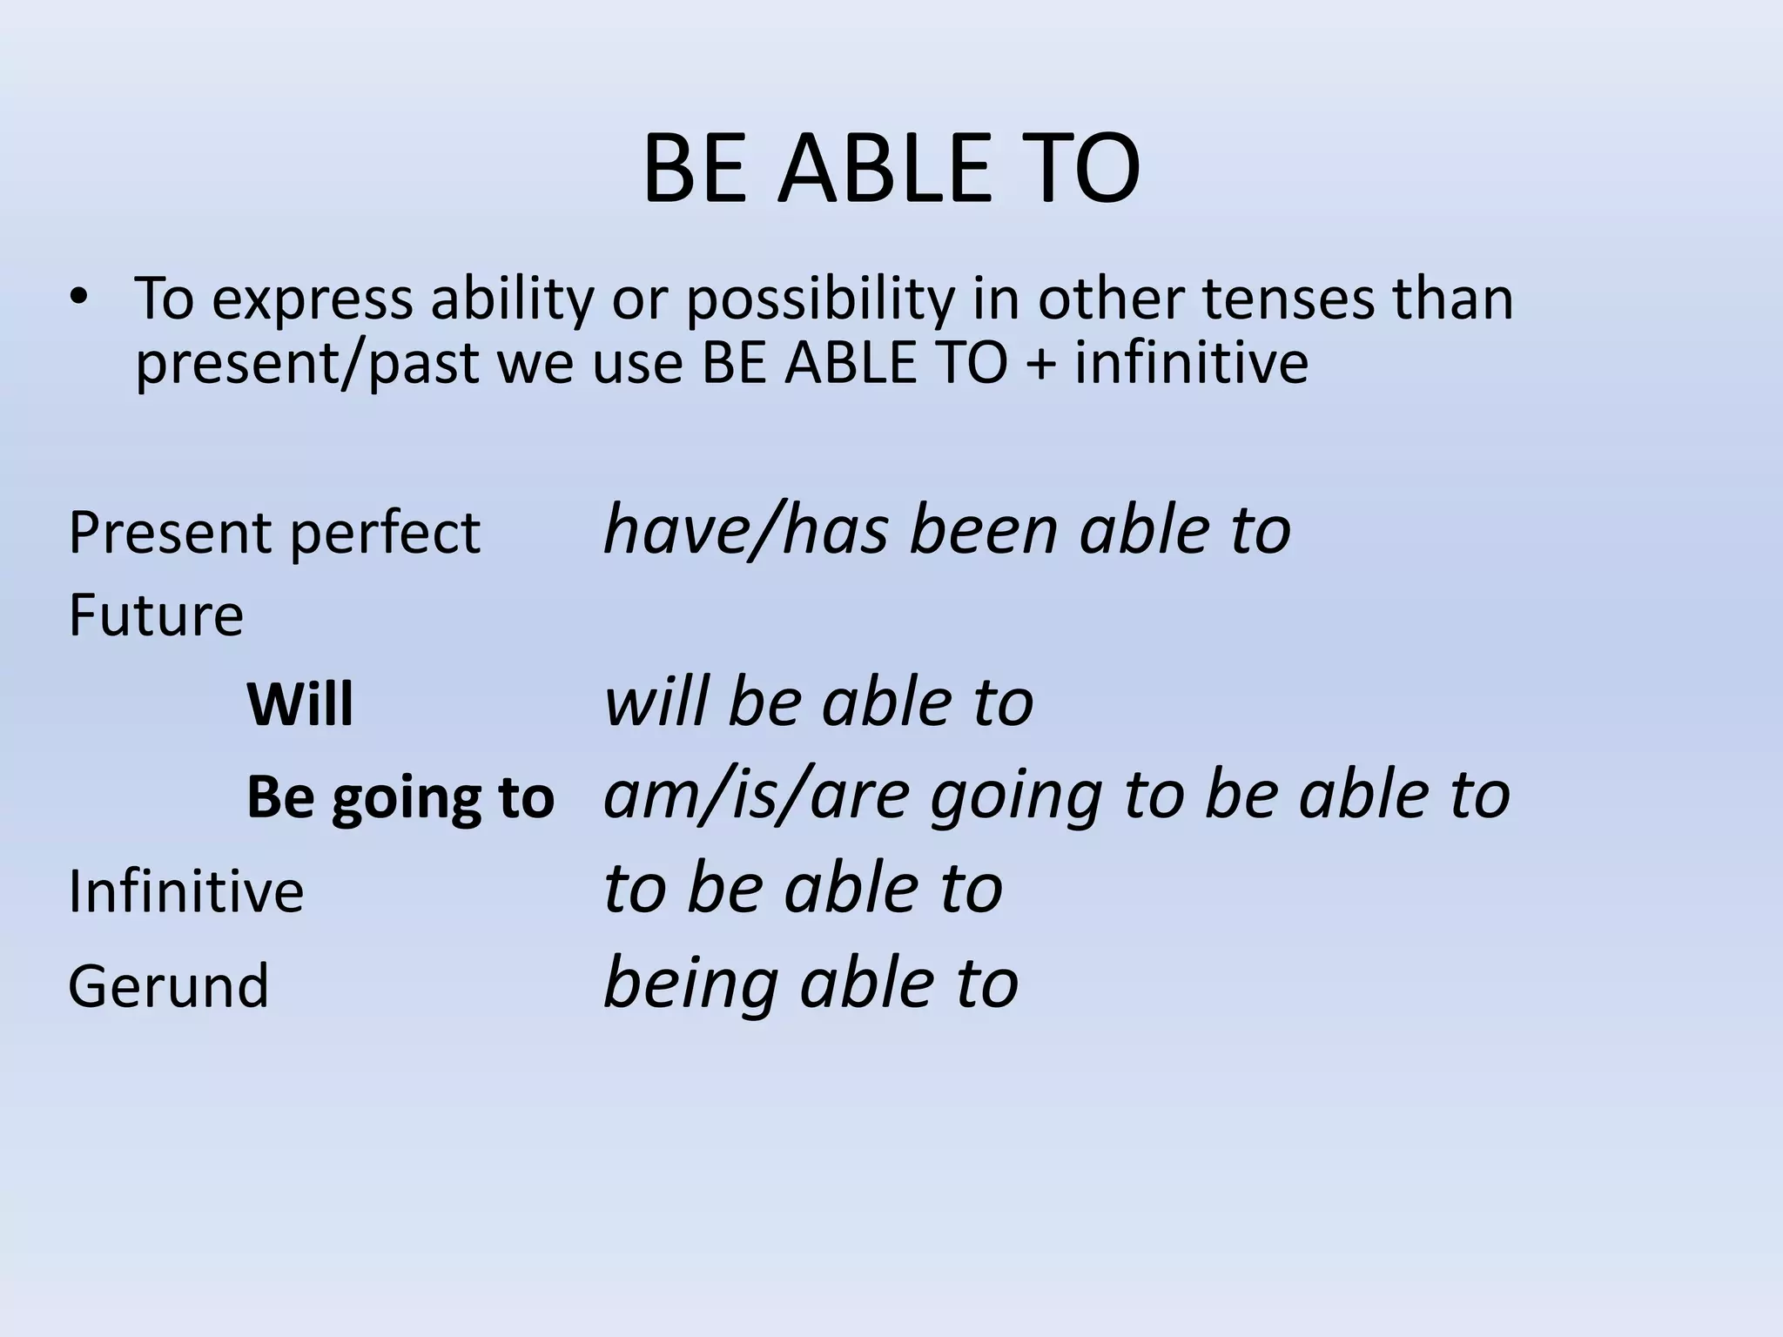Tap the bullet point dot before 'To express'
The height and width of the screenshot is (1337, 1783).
80,298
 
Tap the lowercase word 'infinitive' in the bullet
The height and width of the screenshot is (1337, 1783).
1190,363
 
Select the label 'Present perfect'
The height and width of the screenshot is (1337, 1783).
273,533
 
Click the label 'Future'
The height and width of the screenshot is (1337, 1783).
156,615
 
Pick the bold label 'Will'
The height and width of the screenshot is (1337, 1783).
300,705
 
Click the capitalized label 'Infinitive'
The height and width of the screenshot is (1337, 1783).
185,892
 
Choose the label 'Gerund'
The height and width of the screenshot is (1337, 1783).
169,986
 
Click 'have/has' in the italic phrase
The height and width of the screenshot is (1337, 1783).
745,530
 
